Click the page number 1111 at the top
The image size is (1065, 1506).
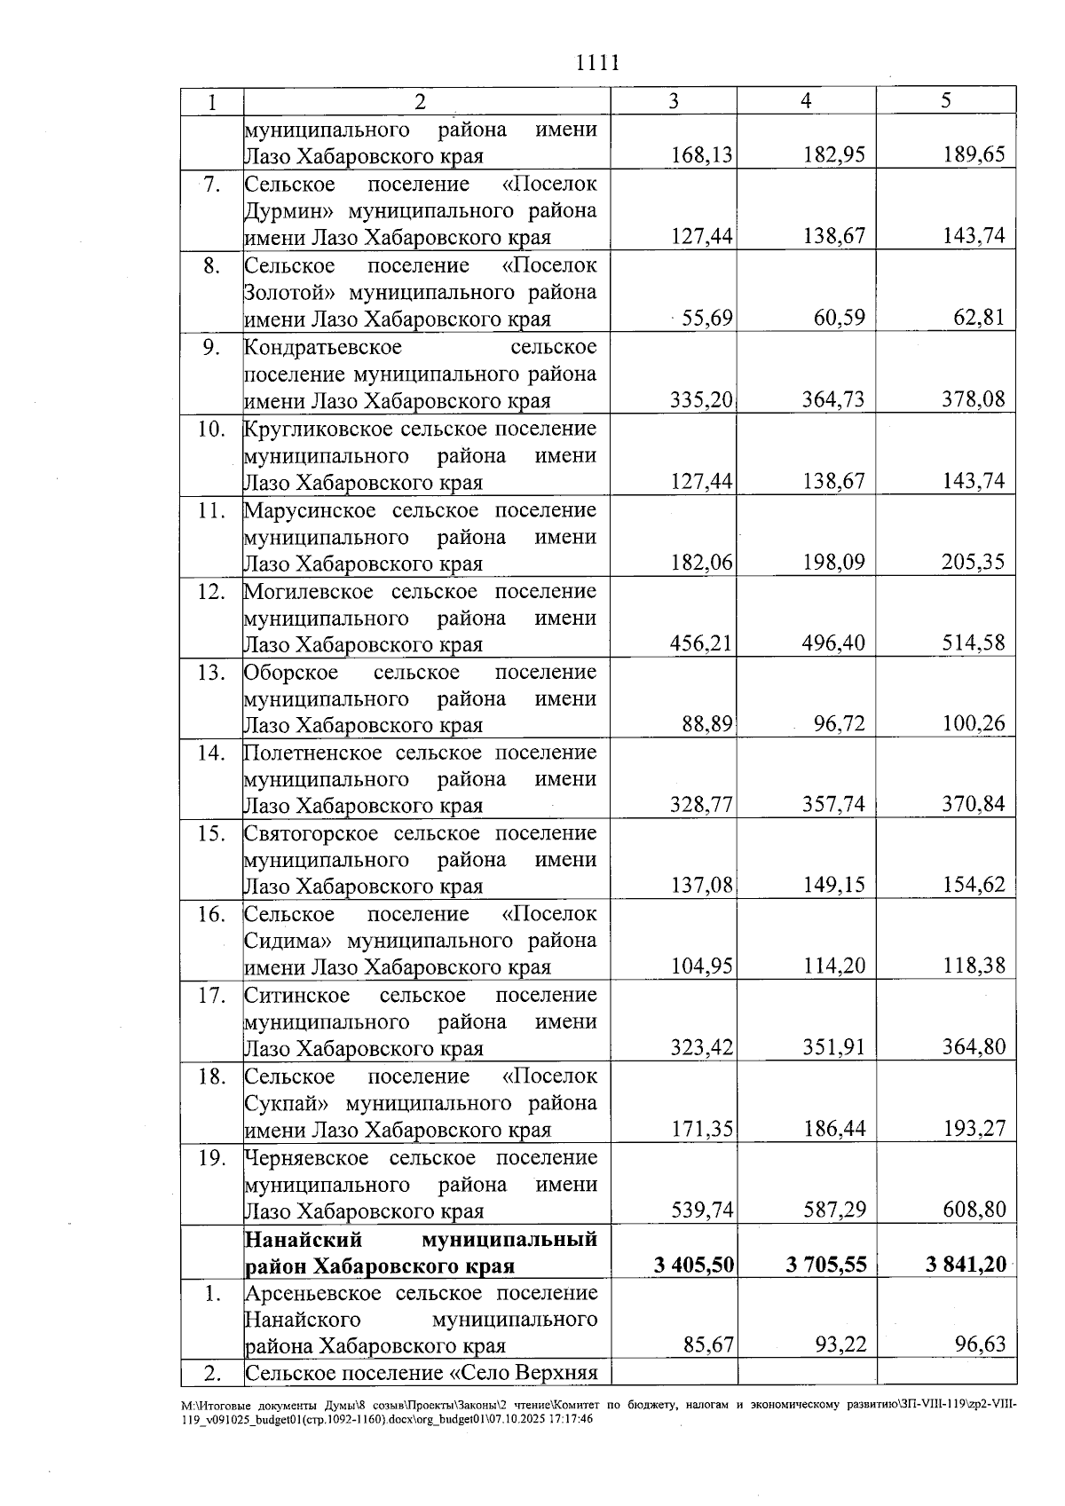pos(596,63)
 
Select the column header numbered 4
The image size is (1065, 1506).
pos(805,101)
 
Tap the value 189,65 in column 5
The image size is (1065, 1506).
pos(974,156)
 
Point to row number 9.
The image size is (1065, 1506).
pos(211,347)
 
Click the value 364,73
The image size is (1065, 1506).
pos(832,399)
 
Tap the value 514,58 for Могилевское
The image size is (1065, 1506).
pos(974,643)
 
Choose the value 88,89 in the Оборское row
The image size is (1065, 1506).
pos(707,724)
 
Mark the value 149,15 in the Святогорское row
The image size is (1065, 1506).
pos(832,886)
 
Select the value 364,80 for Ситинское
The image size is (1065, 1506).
pos(974,1047)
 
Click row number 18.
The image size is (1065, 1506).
pos(211,1076)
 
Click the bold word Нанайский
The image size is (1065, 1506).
pos(301,1239)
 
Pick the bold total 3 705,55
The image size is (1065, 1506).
pos(825,1265)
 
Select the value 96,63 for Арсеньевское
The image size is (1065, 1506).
pos(980,1345)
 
